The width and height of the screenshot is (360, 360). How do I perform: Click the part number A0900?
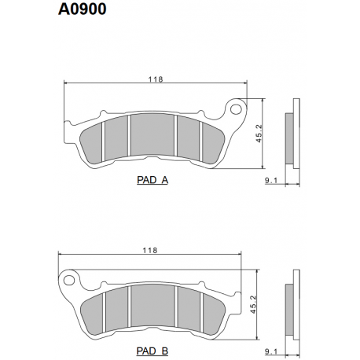pyautogui.click(x=83, y=10)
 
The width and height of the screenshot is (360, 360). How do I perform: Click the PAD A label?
pyautogui.click(x=152, y=180)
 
